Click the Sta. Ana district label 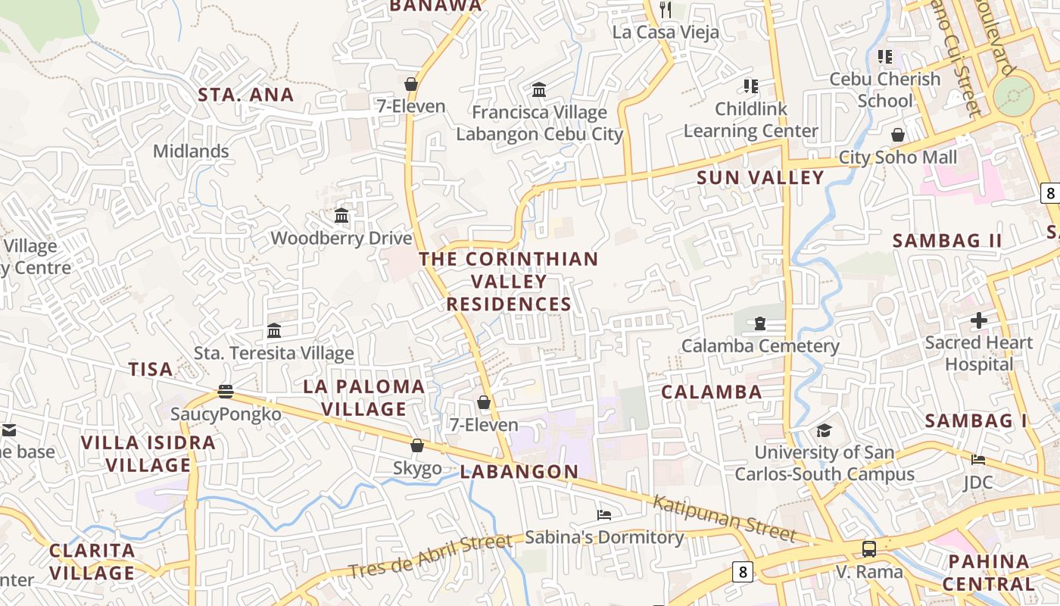(245, 95)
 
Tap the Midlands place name (191, 151)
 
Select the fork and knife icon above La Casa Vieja (666, 9)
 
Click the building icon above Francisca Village (539, 89)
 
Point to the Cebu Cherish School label (884, 89)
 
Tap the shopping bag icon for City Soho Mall (897, 135)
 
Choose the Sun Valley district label (759, 177)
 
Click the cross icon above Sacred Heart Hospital (979, 320)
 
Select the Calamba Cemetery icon (759, 323)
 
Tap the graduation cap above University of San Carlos (824, 430)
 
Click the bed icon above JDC (978, 459)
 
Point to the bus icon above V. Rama (869, 548)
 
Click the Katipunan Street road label (725, 519)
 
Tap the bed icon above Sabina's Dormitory (603, 515)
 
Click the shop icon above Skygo (416, 445)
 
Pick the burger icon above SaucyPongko (225, 391)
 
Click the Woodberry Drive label (341, 238)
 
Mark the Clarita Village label (92, 561)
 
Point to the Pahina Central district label (988, 573)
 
